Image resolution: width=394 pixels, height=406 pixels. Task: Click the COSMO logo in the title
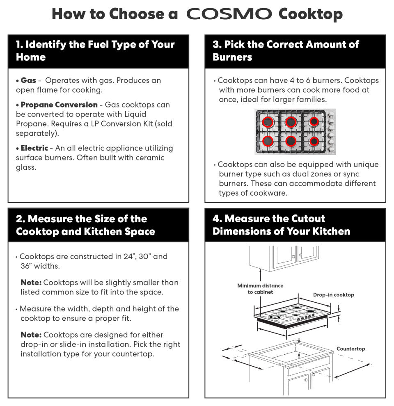tap(229, 14)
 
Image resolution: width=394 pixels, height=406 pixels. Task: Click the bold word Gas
tap(28, 80)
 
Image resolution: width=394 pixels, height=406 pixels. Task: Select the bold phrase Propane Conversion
tap(59, 105)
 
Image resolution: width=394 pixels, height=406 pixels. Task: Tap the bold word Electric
tap(34, 148)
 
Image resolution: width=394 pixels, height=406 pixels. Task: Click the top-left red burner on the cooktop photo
tap(268, 122)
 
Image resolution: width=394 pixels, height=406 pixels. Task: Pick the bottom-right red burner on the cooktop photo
tap(314, 141)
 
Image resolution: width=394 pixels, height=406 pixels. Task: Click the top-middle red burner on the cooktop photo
tap(291, 122)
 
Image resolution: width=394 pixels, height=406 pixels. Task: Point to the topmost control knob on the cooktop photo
tap(331, 115)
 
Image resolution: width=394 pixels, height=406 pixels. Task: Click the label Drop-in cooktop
tap(334, 295)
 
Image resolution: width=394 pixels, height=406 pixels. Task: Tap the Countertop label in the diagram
tap(351, 349)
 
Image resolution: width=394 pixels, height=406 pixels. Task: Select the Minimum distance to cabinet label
tap(260, 289)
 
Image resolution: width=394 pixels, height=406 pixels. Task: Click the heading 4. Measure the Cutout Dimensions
tap(281, 225)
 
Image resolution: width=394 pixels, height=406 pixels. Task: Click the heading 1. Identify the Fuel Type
tap(95, 51)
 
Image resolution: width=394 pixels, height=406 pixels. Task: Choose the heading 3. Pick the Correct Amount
tap(286, 51)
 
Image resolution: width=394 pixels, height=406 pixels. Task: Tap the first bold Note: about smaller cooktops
tap(31, 282)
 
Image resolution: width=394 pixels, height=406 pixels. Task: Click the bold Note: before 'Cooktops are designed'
tap(31, 335)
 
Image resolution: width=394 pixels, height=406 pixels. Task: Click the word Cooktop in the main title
tap(311, 14)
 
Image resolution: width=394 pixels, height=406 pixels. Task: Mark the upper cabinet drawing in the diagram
tap(284, 258)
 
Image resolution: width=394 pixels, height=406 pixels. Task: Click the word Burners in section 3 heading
tap(232, 57)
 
